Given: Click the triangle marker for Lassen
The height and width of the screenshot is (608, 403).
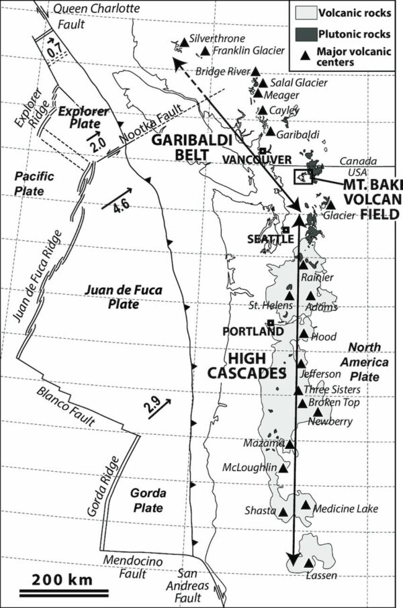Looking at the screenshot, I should (x=308, y=562).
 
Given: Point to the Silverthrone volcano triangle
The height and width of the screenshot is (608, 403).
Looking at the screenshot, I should (x=183, y=42).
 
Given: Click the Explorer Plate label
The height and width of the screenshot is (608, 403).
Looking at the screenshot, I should (x=79, y=117).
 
